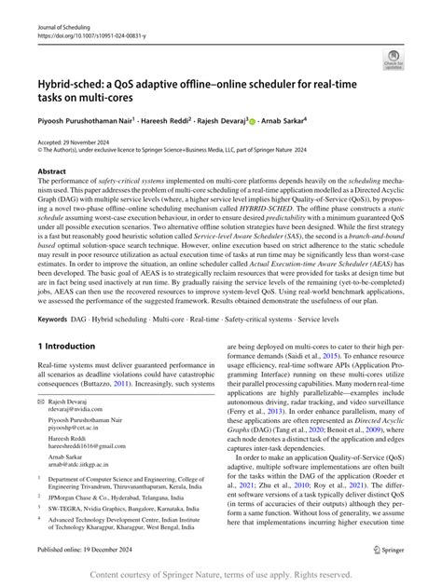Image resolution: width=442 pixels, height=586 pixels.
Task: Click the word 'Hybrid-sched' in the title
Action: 74,82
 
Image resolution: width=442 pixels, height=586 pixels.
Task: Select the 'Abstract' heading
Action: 51,171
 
